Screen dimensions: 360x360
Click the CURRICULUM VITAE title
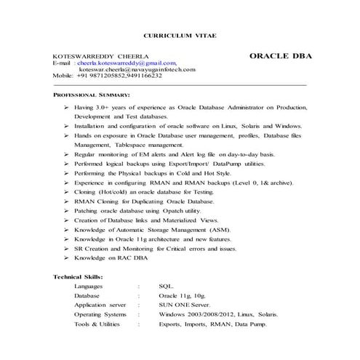[x=180, y=35]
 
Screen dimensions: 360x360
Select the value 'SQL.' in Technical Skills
[x=167, y=287]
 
